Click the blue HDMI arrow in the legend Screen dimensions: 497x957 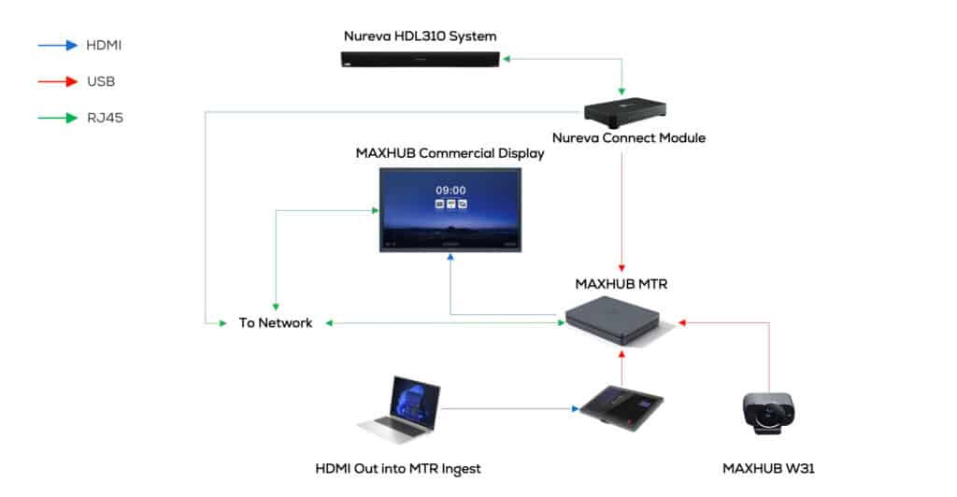[x=57, y=44]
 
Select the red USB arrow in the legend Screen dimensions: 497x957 [x=57, y=81]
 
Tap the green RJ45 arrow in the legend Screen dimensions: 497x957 [x=57, y=119]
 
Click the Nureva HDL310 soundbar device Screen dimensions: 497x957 [x=420, y=61]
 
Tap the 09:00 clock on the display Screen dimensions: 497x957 [x=450, y=190]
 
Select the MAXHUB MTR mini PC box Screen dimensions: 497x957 [x=619, y=319]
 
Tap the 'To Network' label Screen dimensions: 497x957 [x=275, y=323]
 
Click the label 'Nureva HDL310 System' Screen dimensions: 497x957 [x=420, y=36]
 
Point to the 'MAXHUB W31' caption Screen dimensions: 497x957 [x=768, y=467]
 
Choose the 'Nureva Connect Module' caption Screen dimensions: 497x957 [x=628, y=138]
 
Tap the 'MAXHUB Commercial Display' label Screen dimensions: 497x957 [x=450, y=153]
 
